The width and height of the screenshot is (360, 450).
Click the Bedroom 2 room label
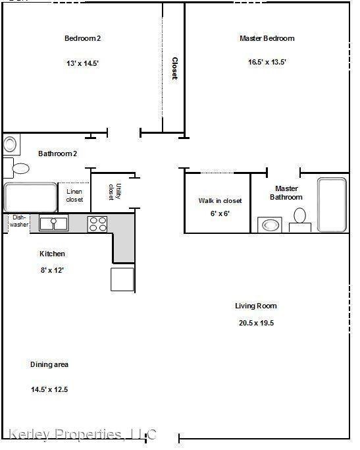(82, 38)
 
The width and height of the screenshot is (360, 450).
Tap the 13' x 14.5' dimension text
(82, 63)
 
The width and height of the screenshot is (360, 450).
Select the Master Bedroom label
(267, 38)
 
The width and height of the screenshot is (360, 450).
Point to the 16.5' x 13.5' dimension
(267, 62)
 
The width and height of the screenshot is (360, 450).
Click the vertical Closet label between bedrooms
(174, 69)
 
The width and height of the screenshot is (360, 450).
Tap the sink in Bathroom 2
(11, 144)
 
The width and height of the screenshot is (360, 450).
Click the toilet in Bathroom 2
(17, 168)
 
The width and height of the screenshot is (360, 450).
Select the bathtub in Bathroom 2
(30, 197)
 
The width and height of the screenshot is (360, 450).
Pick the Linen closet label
(74, 196)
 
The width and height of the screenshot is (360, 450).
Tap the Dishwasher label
(19, 221)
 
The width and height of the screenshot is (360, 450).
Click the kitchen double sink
(53, 223)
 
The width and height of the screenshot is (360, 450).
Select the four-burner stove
(97, 224)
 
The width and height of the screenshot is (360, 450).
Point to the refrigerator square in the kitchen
(122, 279)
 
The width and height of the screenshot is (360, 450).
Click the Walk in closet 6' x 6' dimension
(220, 213)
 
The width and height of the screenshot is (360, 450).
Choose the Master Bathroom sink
(270, 225)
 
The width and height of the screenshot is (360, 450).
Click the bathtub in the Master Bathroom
(332, 204)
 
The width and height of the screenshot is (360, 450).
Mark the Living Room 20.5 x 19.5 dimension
(256, 323)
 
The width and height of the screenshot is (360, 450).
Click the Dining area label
(49, 364)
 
